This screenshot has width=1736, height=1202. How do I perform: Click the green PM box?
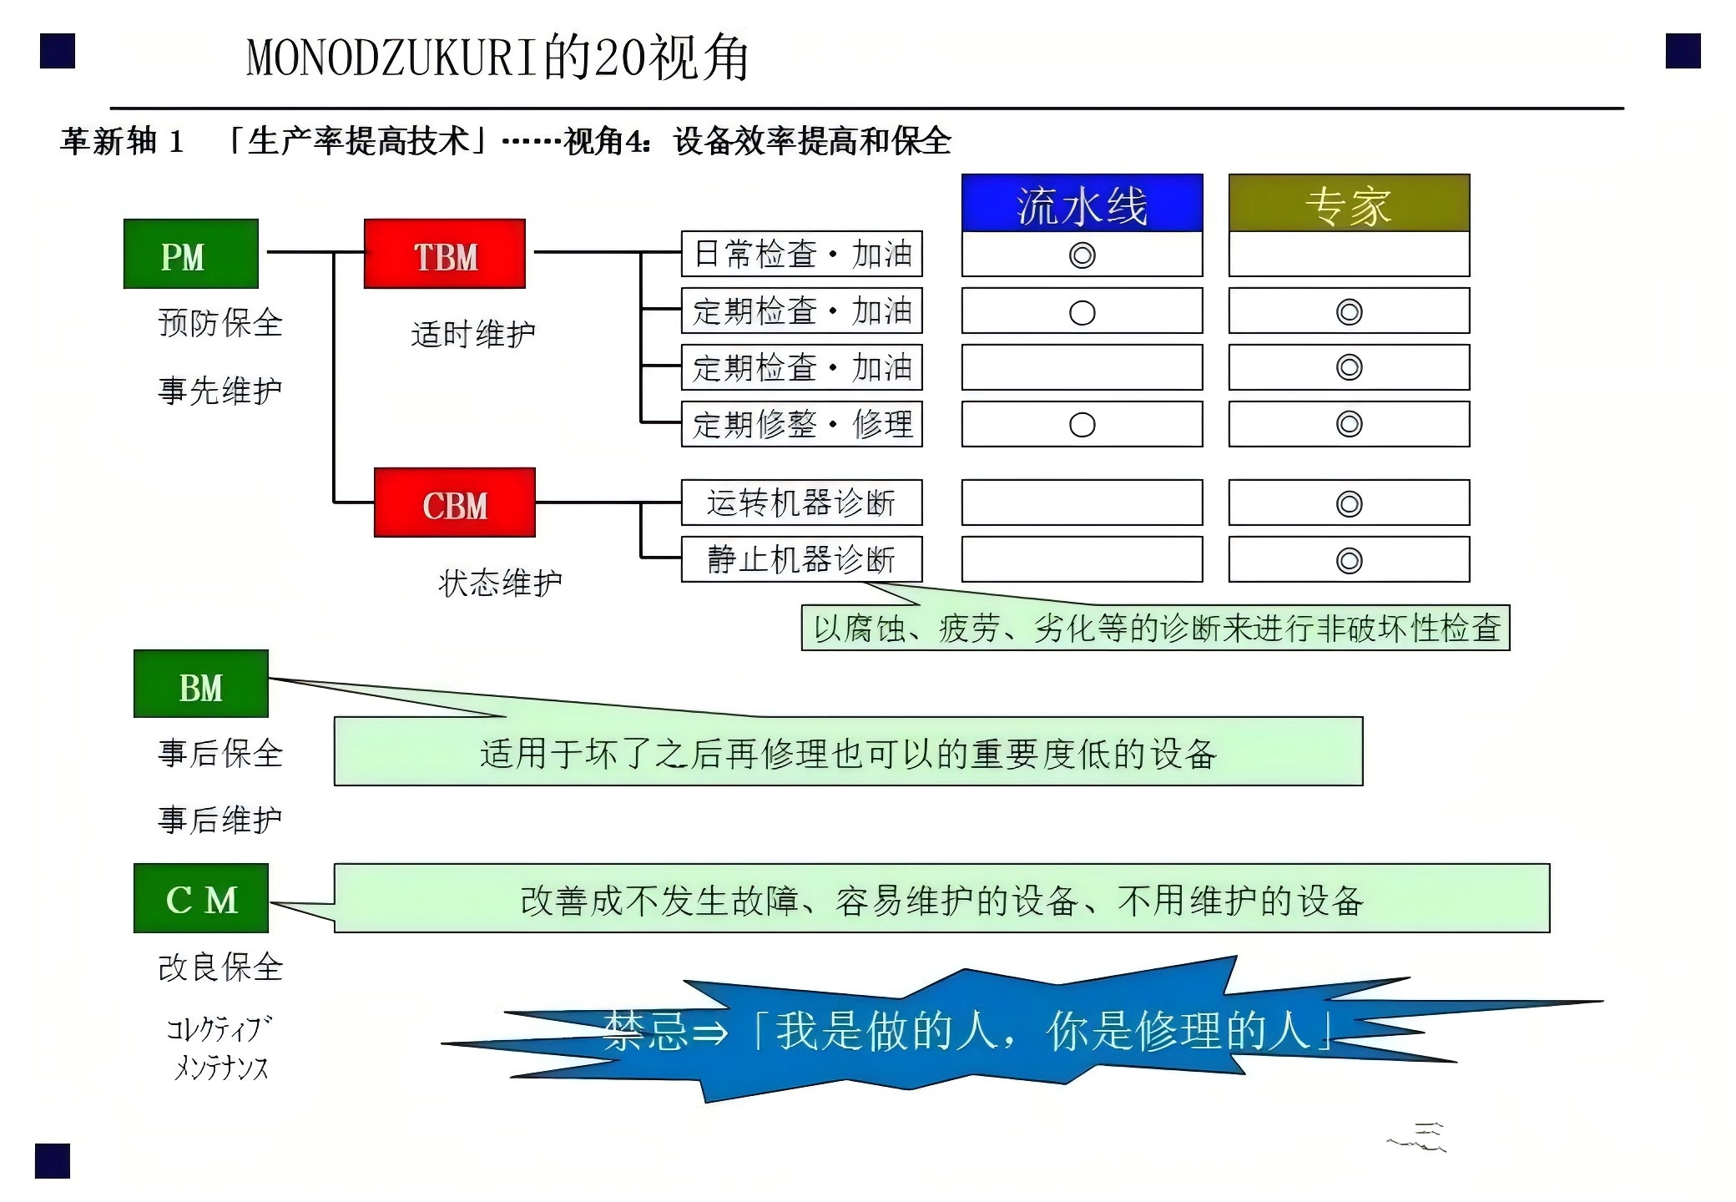coord(191,254)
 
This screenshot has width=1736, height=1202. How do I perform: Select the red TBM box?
coord(445,254)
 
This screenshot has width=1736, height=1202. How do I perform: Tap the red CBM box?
coord(455,503)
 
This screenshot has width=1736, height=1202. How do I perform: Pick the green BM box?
coord(201,684)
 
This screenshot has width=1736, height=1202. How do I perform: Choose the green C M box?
coord(201,898)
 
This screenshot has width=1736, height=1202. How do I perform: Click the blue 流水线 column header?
coord(1082,203)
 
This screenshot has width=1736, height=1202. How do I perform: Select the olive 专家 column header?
coord(1350,203)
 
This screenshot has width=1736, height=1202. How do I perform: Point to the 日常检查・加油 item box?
coord(802,254)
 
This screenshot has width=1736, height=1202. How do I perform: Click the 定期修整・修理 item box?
coord(802,424)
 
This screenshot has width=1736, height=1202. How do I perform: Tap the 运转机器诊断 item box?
coord(802,503)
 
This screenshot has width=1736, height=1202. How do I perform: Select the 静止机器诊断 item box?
coord(802,559)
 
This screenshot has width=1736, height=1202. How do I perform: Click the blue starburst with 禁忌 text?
coord(1002,1031)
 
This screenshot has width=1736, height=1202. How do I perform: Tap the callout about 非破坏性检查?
coord(1156,628)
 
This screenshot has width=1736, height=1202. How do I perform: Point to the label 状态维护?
coord(500,583)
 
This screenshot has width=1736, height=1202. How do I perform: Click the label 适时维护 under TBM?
coord(473,334)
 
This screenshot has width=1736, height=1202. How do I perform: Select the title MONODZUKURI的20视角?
coord(497,58)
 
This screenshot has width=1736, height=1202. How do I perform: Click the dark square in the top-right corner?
coord(1683,51)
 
